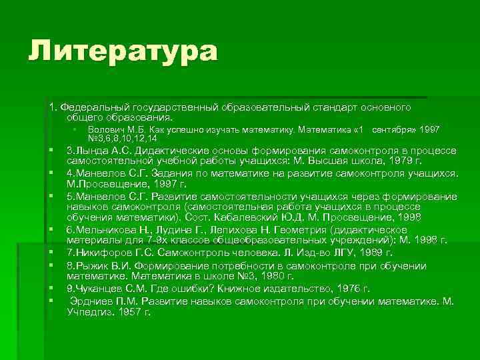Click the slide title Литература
pyautogui.click(x=123, y=52)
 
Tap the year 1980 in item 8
pyautogui.click(x=269, y=275)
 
